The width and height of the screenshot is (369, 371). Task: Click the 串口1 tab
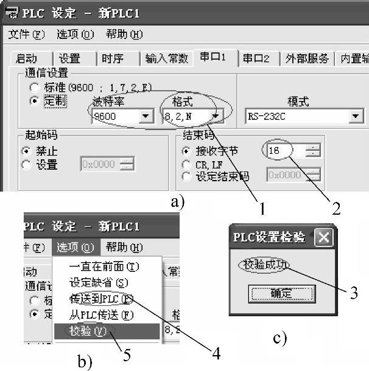click(x=214, y=58)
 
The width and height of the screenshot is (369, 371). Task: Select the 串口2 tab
click(x=256, y=58)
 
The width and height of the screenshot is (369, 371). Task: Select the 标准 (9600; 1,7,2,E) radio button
click(x=35, y=88)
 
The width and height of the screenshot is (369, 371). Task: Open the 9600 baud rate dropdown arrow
click(x=146, y=116)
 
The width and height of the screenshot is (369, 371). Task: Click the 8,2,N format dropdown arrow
click(x=216, y=116)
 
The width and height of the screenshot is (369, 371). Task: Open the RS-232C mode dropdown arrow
click(x=355, y=116)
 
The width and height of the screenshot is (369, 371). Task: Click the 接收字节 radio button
click(x=187, y=151)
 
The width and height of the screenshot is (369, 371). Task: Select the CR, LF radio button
click(x=187, y=164)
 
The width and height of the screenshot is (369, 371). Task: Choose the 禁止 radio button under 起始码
click(x=26, y=151)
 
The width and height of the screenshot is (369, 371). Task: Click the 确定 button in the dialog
click(x=281, y=293)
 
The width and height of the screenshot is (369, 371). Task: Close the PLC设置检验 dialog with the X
click(x=324, y=237)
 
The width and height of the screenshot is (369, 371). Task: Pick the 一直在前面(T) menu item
click(x=104, y=266)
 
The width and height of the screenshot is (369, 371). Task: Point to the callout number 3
click(x=353, y=294)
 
